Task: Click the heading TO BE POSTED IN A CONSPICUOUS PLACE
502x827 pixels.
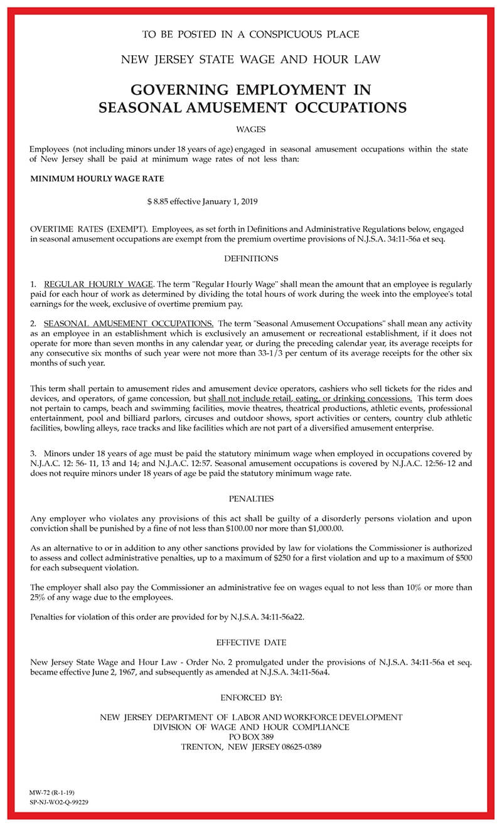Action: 251,35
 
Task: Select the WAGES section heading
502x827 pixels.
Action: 251,129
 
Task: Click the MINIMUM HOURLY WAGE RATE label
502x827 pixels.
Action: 97,179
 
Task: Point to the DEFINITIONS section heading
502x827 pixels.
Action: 251,259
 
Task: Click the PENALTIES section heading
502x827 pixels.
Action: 251,499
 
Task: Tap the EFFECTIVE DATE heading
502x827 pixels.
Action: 251,643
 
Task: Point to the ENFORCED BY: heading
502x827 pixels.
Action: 251,697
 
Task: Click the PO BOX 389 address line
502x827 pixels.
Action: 251,737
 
